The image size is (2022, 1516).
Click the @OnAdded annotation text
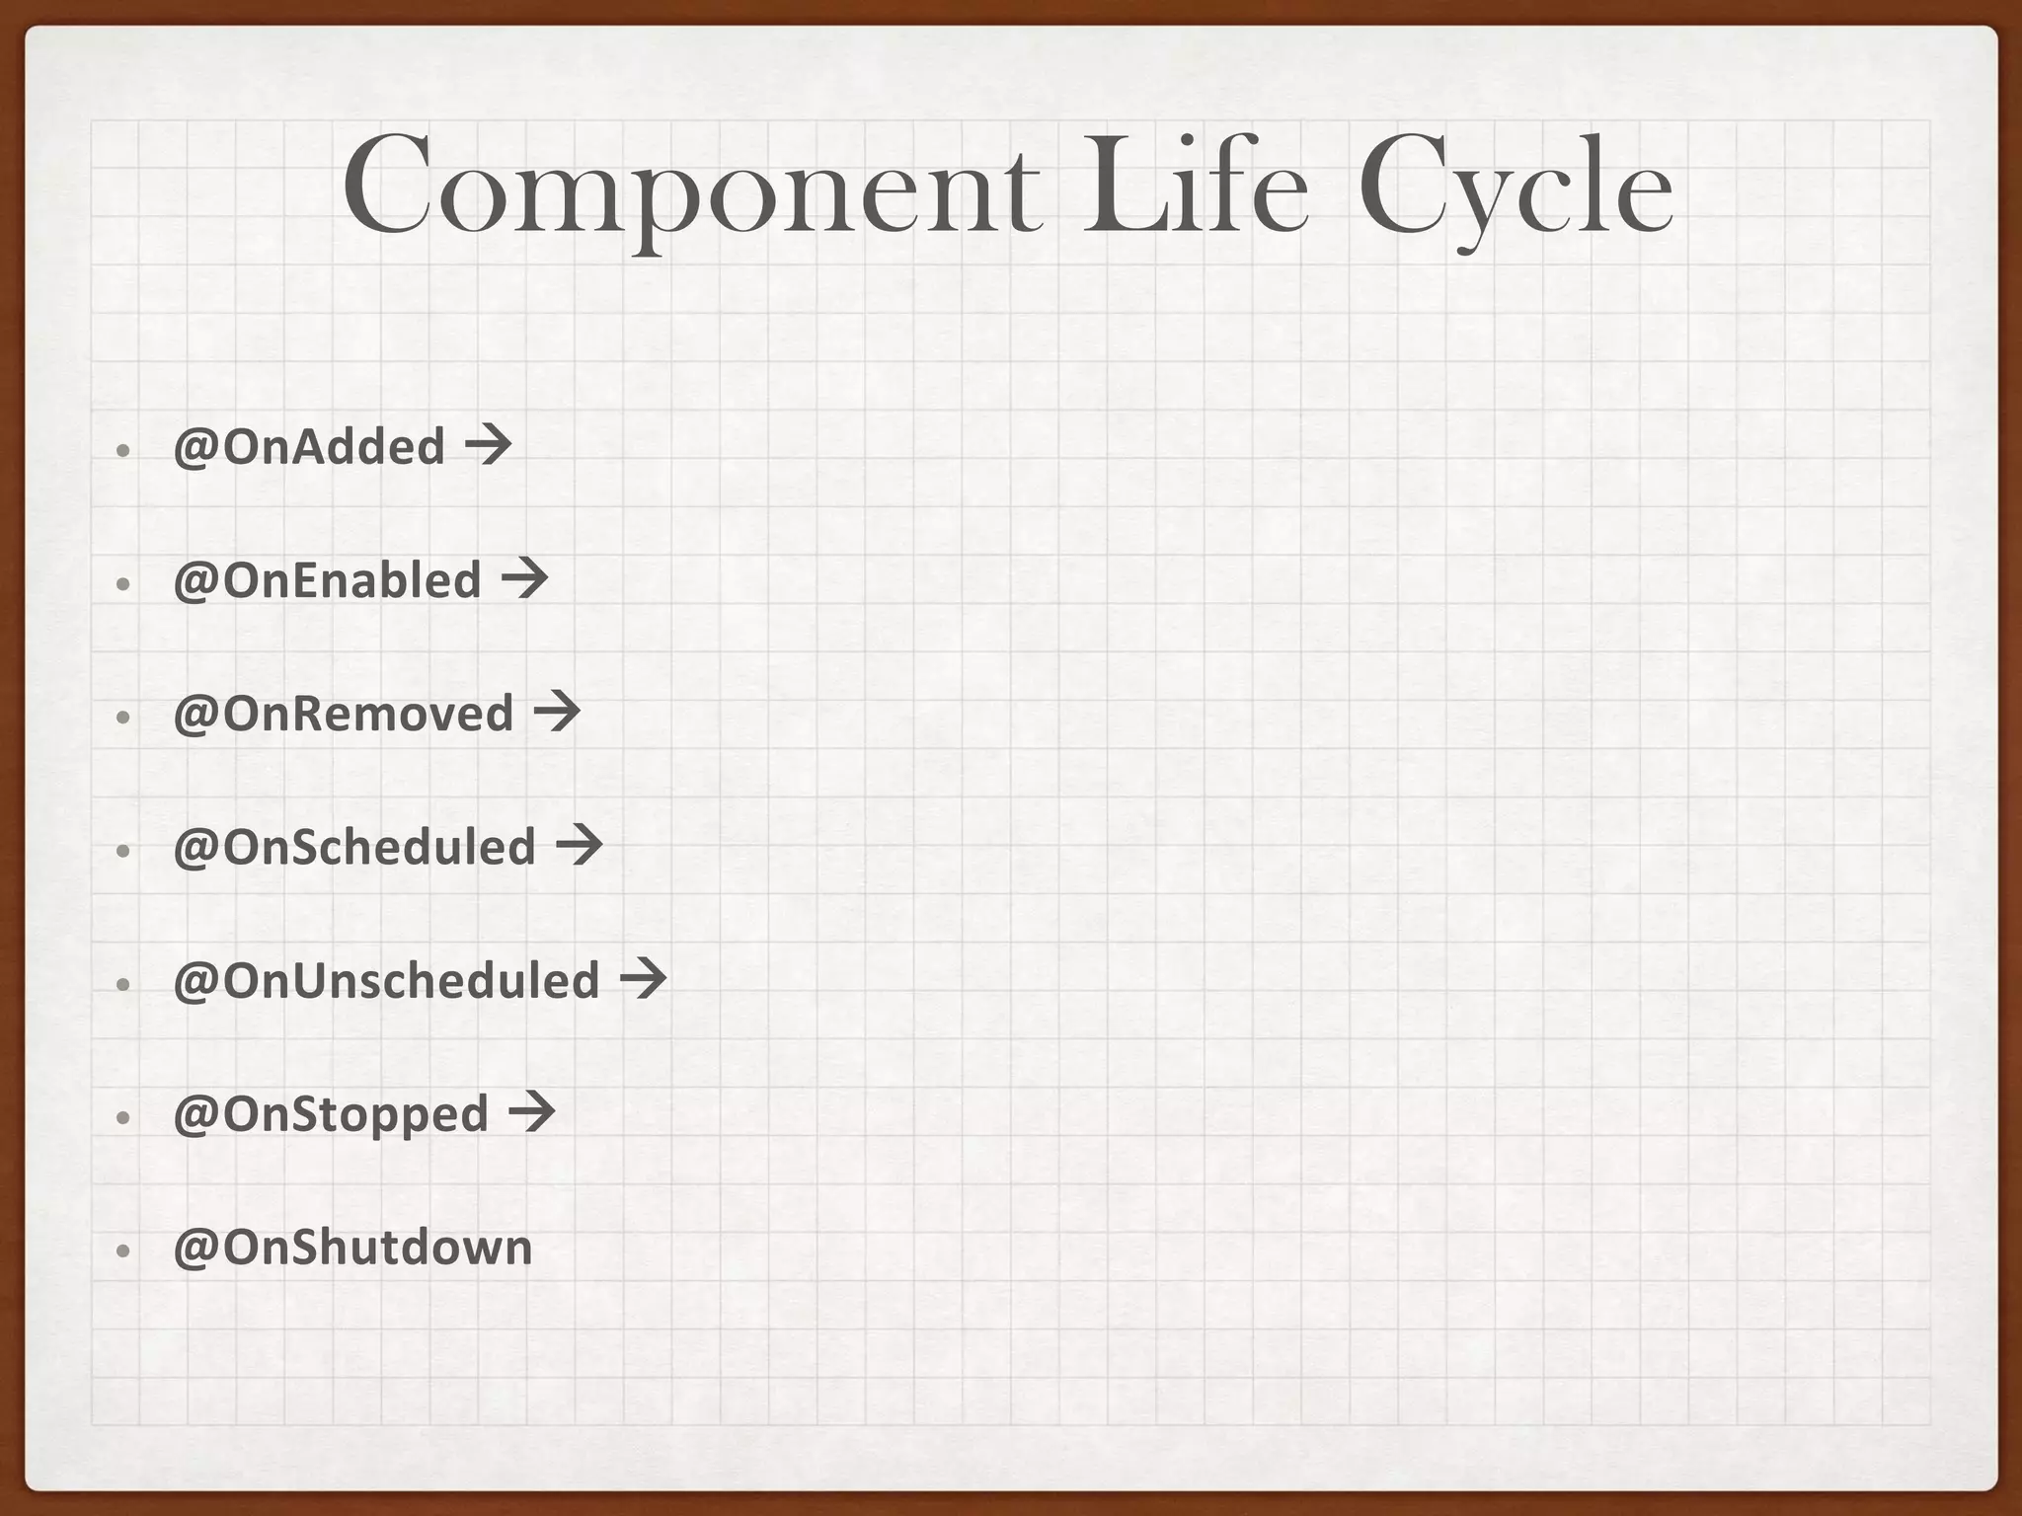[x=309, y=447]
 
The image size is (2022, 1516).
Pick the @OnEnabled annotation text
[x=327, y=580]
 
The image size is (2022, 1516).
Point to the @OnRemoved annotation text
[x=344, y=714]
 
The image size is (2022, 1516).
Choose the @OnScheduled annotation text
[x=354, y=847]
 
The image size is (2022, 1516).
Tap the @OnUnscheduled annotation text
[x=386, y=980]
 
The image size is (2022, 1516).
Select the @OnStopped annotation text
[x=331, y=1114]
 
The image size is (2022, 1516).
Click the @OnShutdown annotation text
[x=352, y=1248]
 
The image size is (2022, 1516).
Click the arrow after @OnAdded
[x=488, y=446]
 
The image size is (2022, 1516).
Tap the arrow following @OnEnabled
[x=524, y=579]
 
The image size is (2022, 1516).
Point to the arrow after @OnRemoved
[x=557, y=713]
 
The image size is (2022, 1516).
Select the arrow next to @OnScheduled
[x=579, y=846]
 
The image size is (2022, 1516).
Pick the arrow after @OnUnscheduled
[x=643, y=979]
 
